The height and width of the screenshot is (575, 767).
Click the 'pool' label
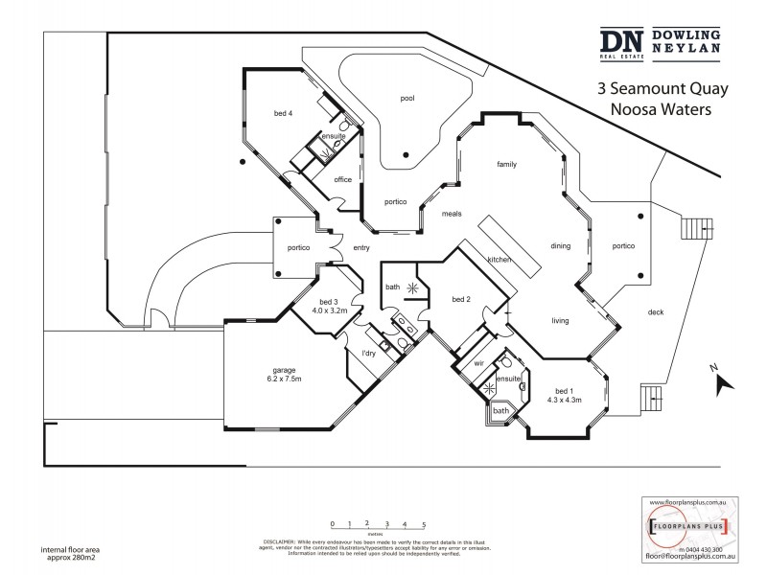coord(407,98)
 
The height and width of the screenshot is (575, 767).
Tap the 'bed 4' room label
coord(283,114)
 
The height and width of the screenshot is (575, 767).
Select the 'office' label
coord(343,179)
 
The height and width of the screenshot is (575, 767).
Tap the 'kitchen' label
coord(498,260)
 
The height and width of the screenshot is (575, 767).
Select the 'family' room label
coord(506,164)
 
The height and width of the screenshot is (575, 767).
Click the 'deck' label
coord(656,311)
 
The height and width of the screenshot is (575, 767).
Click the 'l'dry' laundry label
coord(368,356)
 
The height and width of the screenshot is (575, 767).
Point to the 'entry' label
coord(361,248)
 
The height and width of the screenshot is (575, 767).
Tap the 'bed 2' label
coord(460,299)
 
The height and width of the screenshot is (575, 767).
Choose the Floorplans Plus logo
coord(685,527)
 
